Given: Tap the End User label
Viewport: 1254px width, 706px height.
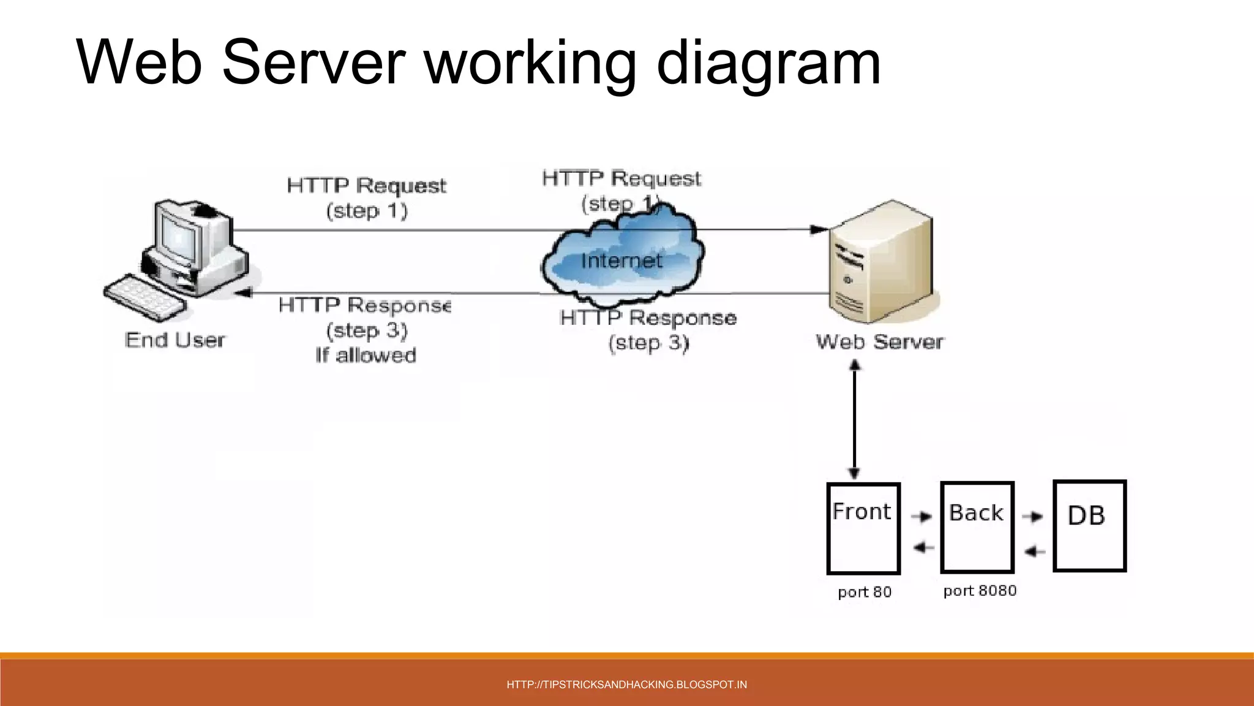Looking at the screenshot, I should pyautogui.click(x=175, y=340).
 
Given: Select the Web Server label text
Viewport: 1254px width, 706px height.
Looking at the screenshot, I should pyautogui.click(x=880, y=342).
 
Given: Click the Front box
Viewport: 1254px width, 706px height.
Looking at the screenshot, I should pyautogui.click(x=863, y=528).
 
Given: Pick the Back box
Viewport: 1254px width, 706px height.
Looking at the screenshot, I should pyautogui.click(x=977, y=527).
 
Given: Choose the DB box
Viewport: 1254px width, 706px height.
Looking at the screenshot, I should pyautogui.click(x=1089, y=526).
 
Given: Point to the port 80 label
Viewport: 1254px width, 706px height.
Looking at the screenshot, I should pyautogui.click(x=865, y=592).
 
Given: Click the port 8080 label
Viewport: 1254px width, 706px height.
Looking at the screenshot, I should pyautogui.click(x=980, y=591).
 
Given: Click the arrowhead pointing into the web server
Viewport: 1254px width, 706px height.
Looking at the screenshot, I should pyautogui.click(x=819, y=230).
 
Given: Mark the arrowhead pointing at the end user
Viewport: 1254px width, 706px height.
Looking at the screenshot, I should pyautogui.click(x=243, y=293).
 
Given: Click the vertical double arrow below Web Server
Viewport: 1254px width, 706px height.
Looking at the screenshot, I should pyautogui.click(x=854, y=420).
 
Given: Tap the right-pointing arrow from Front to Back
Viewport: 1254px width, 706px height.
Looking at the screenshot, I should pyautogui.click(x=921, y=517).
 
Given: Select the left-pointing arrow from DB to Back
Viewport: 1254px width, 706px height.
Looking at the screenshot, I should pyautogui.click(x=1034, y=552).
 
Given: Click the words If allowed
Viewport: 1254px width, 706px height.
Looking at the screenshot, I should pyautogui.click(x=366, y=355).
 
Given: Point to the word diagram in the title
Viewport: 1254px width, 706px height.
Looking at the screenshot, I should pyautogui.click(x=768, y=63).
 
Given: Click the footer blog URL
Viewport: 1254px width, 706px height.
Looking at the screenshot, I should pyautogui.click(x=626, y=685).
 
